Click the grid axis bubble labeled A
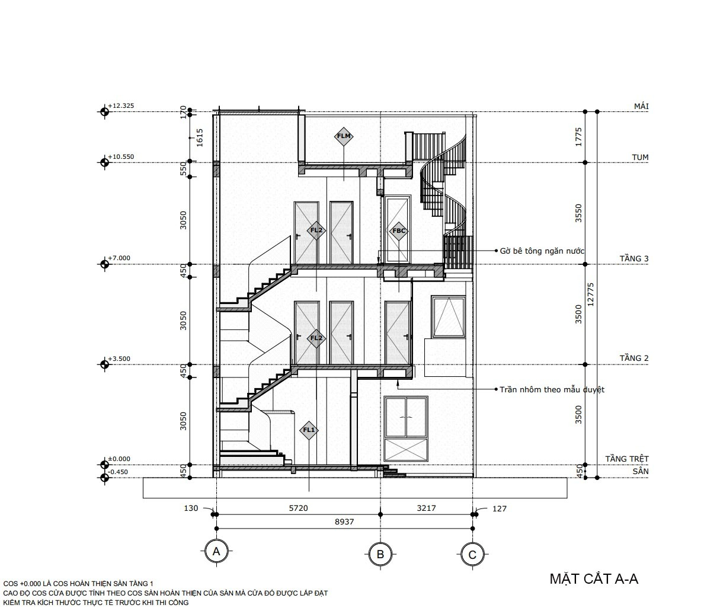point(216,551)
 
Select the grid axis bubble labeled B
point(380,554)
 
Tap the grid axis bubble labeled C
point(472,555)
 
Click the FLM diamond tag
point(344,136)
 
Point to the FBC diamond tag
point(399,231)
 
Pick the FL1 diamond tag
point(309,430)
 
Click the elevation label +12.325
point(121,105)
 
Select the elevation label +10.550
point(121,156)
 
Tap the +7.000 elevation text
point(119,258)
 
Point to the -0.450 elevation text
point(118,472)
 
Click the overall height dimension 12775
point(591,295)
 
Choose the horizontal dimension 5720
point(298,508)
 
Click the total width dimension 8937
point(344,522)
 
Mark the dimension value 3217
point(427,508)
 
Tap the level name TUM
point(641,157)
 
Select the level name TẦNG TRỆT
point(627,459)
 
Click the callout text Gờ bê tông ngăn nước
point(542,251)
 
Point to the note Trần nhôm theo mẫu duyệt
point(552,390)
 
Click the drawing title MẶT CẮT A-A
point(594,579)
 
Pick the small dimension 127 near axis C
point(500,508)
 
